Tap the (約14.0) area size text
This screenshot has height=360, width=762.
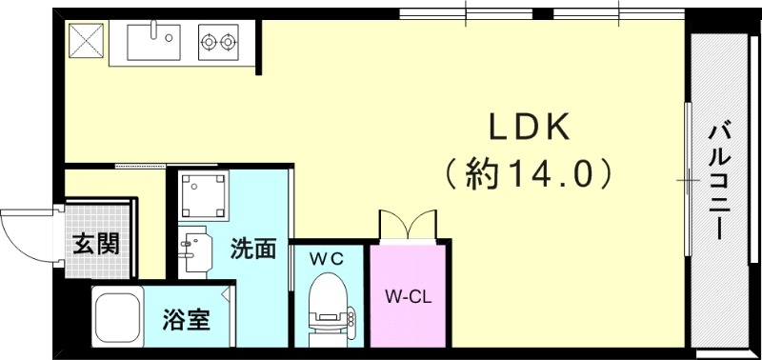pyautogui.click(x=528, y=173)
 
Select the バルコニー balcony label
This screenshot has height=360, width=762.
pyautogui.click(x=721, y=180)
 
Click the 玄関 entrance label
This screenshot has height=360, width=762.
pyautogui.click(x=96, y=244)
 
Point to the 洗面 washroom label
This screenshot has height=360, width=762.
pyautogui.click(x=253, y=249)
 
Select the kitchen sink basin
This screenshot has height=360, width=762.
pyautogui.click(x=153, y=41)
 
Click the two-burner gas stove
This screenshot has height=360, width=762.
pyautogui.click(x=218, y=42)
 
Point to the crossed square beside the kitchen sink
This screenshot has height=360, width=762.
pyautogui.click(x=85, y=41)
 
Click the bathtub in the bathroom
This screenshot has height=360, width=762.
pyautogui.click(x=116, y=316)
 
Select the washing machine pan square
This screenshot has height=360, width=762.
pyautogui.click(x=203, y=195)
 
